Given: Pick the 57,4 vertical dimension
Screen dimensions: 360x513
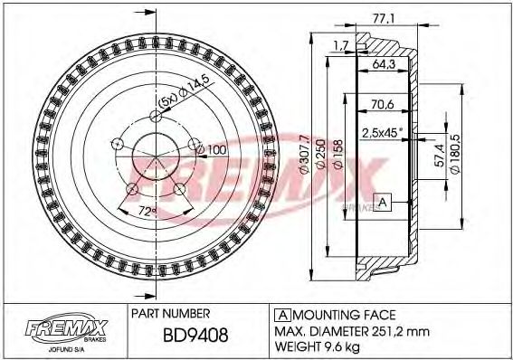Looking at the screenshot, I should [x=437, y=164].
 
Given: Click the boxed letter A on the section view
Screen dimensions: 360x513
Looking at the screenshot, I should [x=384, y=202].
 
